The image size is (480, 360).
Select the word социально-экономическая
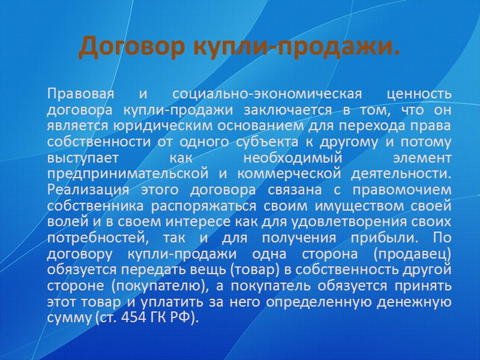[x=267, y=94]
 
